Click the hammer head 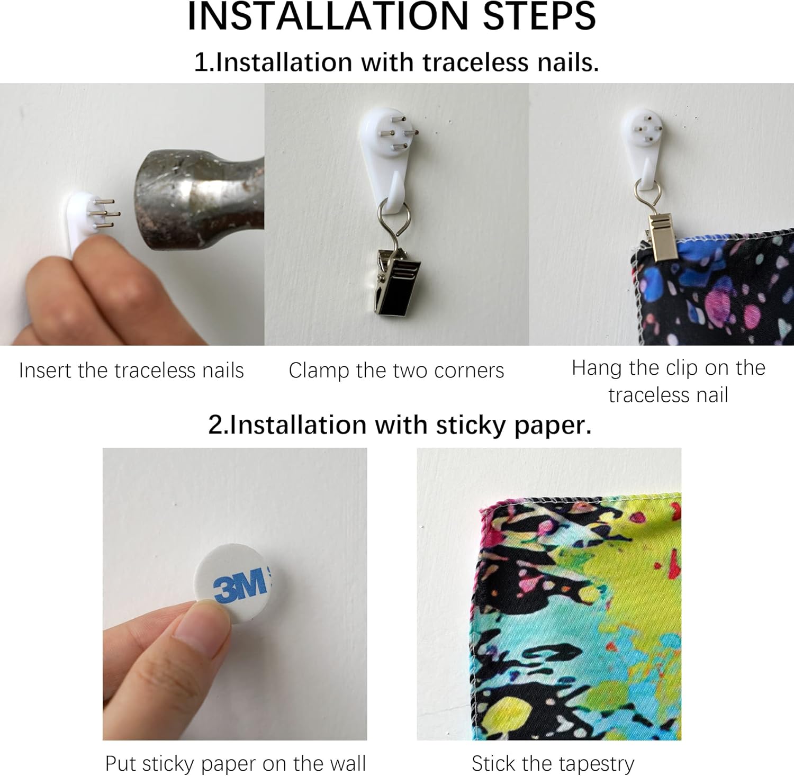[198, 200]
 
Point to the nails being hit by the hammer [105, 213]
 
